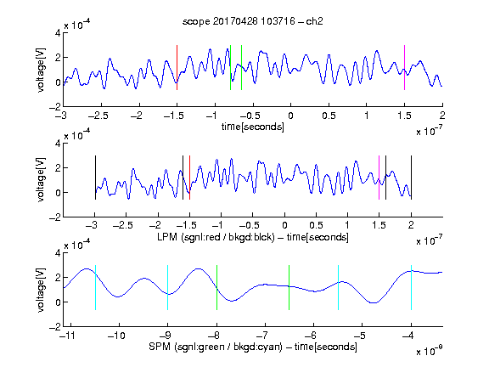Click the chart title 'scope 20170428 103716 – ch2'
click(253, 21)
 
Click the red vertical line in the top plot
click(177, 67)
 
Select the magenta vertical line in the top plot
click(404, 67)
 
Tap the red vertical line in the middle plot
click(189, 178)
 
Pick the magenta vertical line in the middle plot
click(379, 178)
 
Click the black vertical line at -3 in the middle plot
click(95, 178)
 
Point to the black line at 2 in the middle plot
click(412, 178)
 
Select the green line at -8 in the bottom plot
click(216, 287)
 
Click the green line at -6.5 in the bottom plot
click(289, 287)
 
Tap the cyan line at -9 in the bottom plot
click(168, 287)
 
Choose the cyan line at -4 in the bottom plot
click(412, 287)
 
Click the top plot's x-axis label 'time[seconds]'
click(253, 127)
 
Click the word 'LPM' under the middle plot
click(167, 237)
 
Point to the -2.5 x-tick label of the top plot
click(98, 116)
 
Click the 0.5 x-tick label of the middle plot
click(316, 225)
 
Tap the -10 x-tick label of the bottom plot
click(116, 336)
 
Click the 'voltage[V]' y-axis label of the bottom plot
click(41, 290)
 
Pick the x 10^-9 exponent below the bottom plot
click(429, 350)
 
